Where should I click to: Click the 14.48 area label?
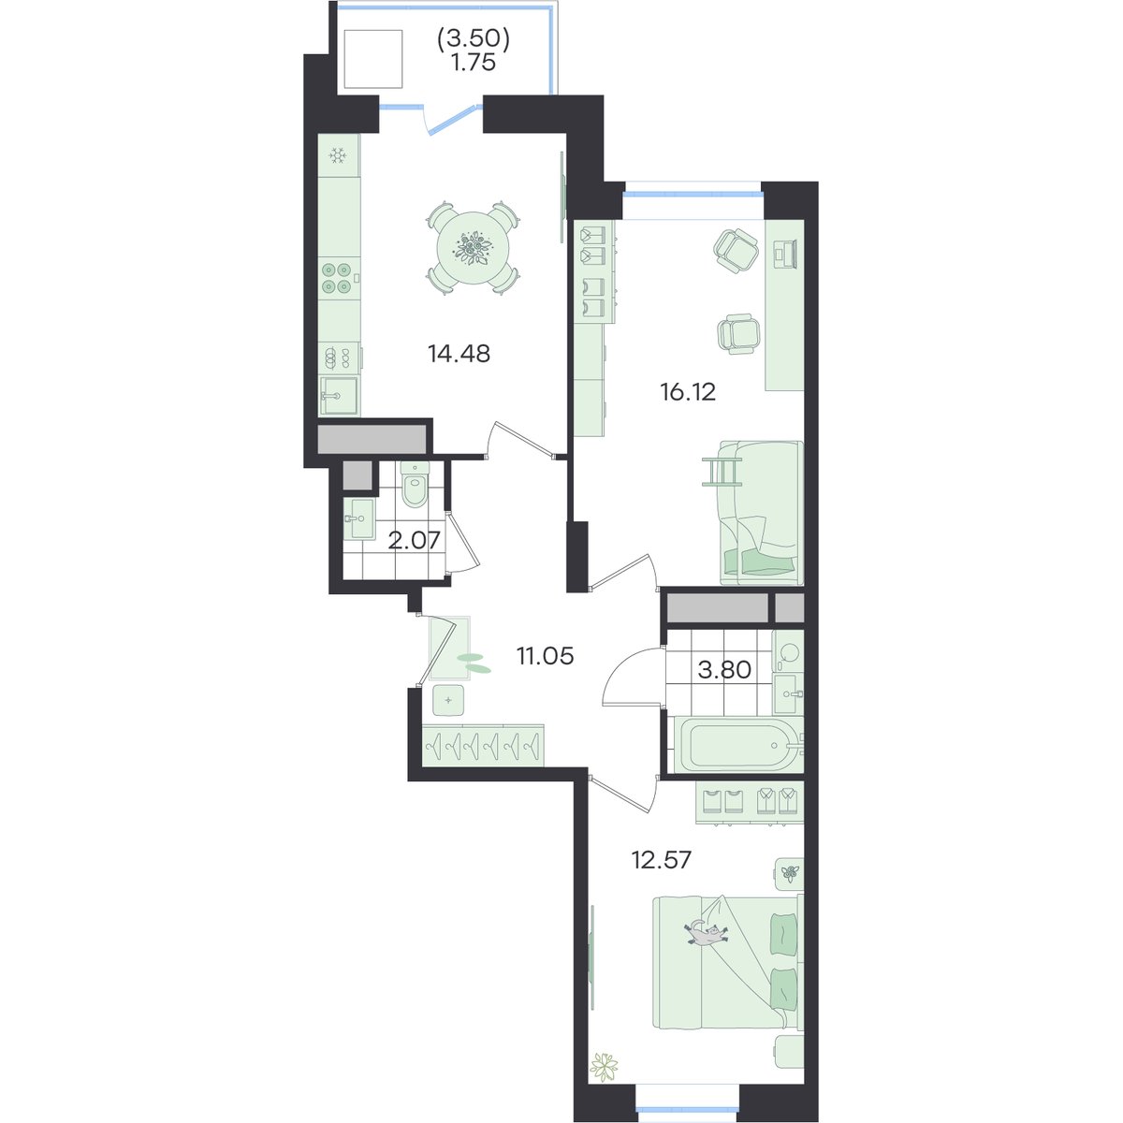[459, 353]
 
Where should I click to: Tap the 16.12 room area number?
[688, 392]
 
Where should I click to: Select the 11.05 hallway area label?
[545, 656]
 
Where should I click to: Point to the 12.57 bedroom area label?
[662, 860]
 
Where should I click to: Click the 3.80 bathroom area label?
[724, 670]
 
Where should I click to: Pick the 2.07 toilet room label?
[414, 541]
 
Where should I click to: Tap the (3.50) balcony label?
[474, 39]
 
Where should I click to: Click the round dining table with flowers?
[473, 248]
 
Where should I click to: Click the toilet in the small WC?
[415, 484]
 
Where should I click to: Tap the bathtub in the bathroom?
[738, 745]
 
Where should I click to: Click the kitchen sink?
[339, 396]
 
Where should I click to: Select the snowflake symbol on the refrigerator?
[338, 155]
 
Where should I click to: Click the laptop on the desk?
[784, 253]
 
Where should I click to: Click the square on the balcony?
[373, 59]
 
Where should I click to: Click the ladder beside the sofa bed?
[722, 471]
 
